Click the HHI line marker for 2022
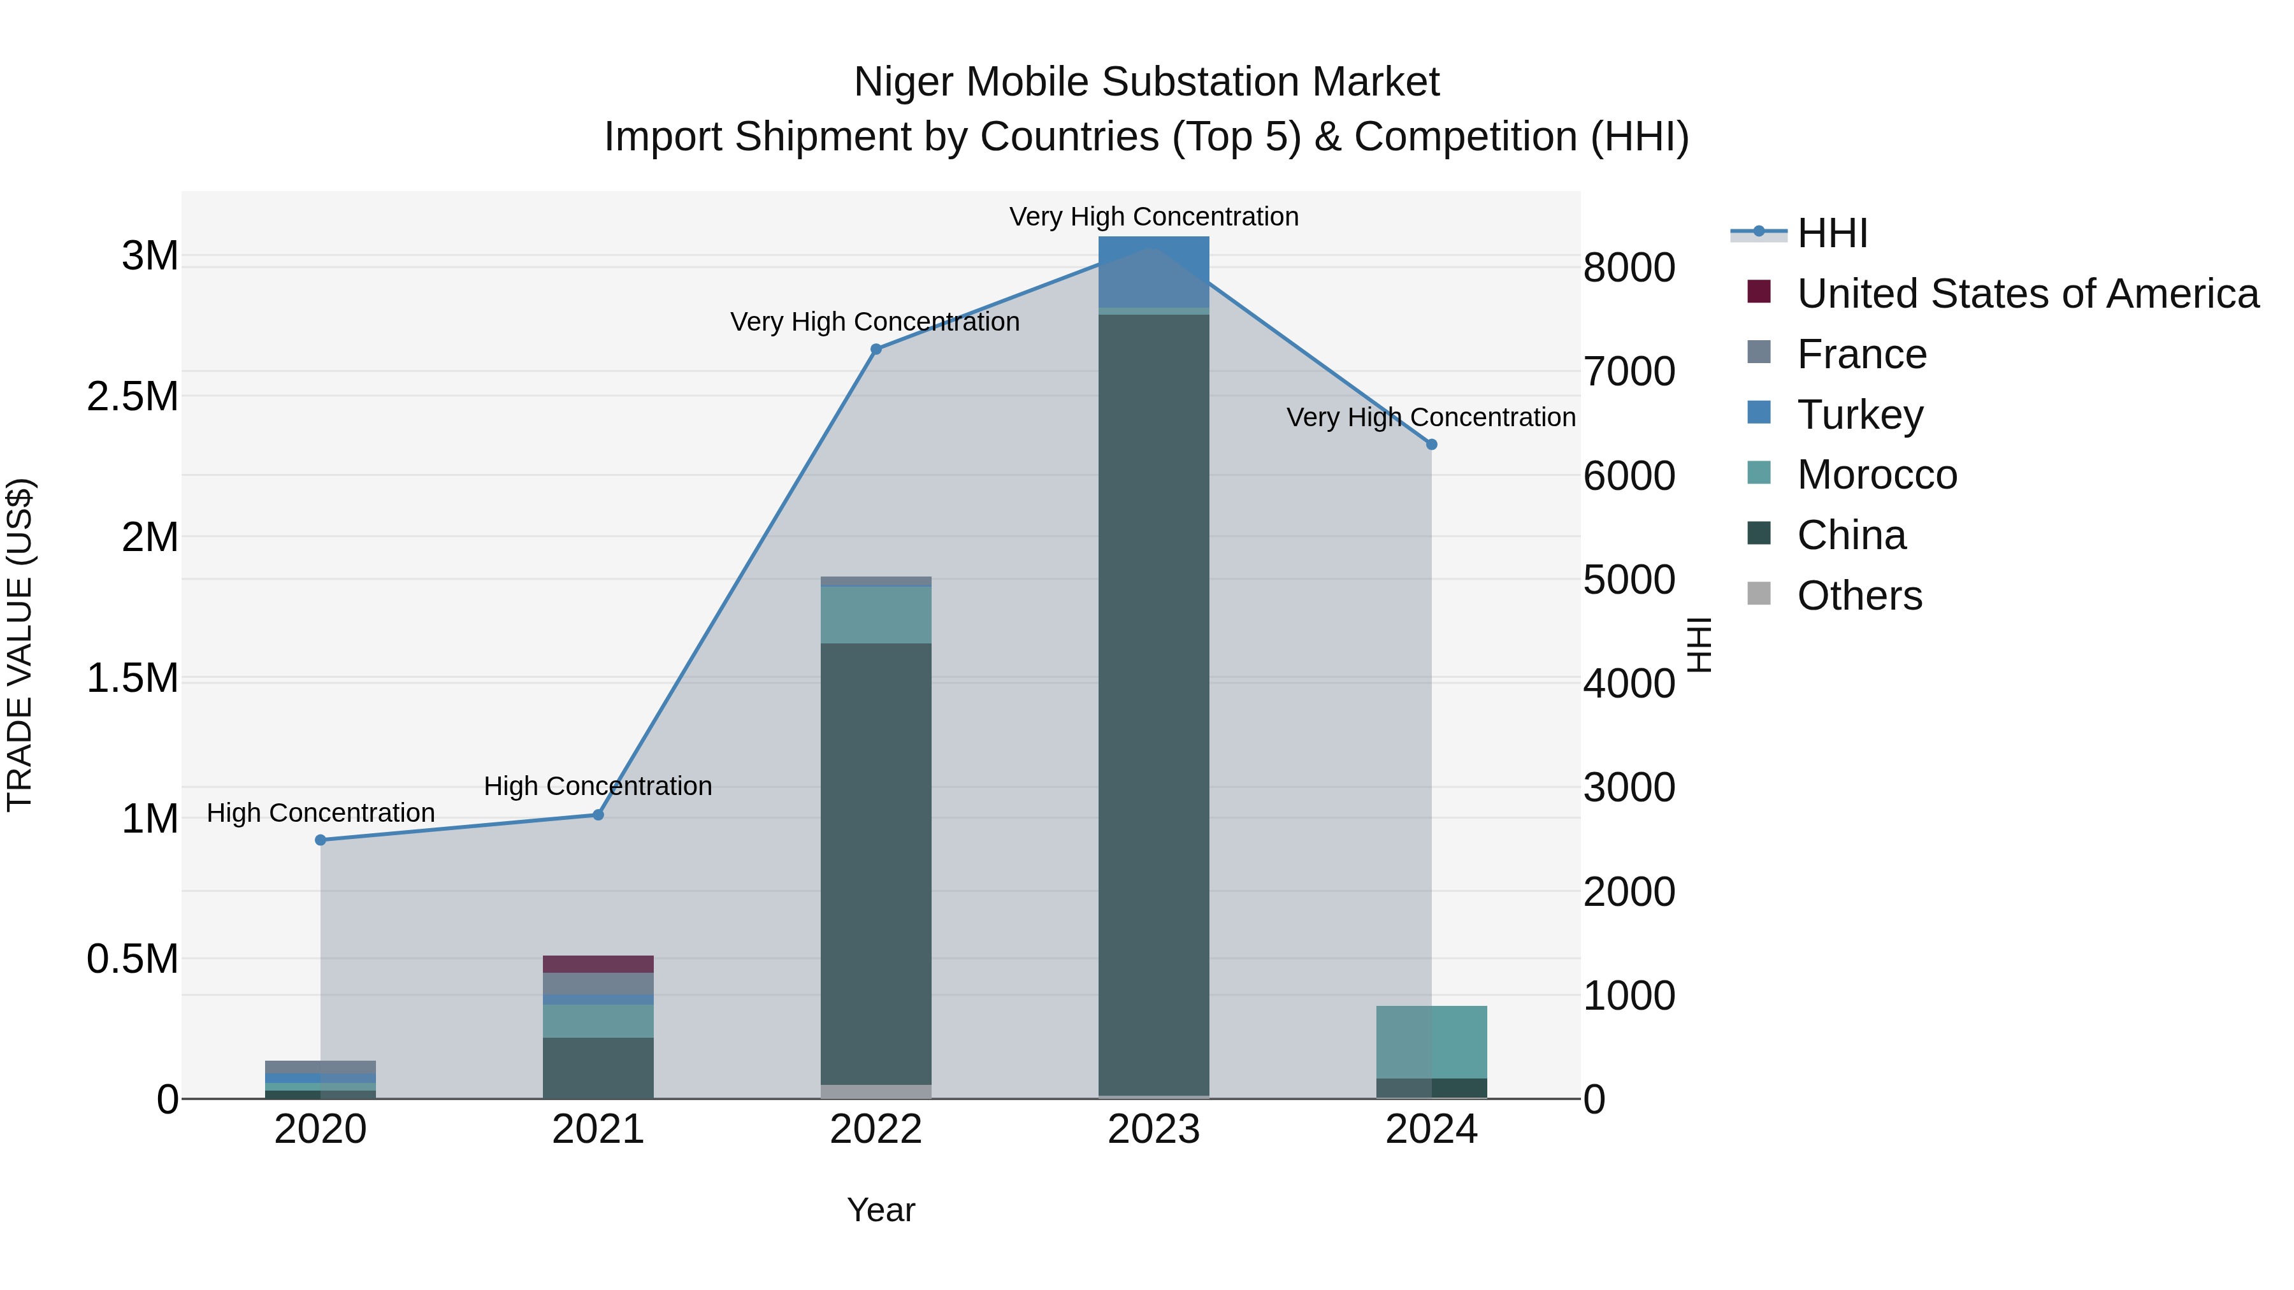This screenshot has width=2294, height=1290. pyautogui.click(x=876, y=350)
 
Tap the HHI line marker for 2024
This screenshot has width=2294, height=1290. pyautogui.click(x=1431, y=444)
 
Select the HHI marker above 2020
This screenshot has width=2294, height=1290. pyautogui.click(x=321, y=840)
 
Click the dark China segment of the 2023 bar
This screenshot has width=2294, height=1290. pyautogui.click(x=1153, y=703)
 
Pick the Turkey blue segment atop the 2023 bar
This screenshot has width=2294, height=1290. pyautogui.click(x=1153, y=271)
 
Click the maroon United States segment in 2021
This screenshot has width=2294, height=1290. pyautogui.click(x=598, y=964)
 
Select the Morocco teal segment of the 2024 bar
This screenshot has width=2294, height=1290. pyautogui.click(x=1431, y=1042)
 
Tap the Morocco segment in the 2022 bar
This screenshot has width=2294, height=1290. pyautogui.click(x=876, y=614)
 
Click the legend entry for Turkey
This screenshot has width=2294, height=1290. pyautogui.click(x=1859, y=415)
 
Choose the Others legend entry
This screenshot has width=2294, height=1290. pyautogui.click(x=1859, y=596)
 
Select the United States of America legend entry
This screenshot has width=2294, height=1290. pyautogui.click(x=2027, y=294)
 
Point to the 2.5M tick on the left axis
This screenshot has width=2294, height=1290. pyautogui.click(x=133, y=397)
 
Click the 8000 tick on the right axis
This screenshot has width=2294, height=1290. pyautogui.click(x=1629, y=268)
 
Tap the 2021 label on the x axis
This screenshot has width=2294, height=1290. pyautogui.click(x=598, y=1129)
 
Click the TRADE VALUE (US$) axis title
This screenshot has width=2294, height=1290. pyautogui.click(x=20, y=645)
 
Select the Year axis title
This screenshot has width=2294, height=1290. pyautogui.click(x=881, y=1210)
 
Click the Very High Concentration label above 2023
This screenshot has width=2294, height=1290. pyautogui.click(x=1153, y=217)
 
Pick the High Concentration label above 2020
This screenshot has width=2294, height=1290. pyautogui.click(x=321, y=813)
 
